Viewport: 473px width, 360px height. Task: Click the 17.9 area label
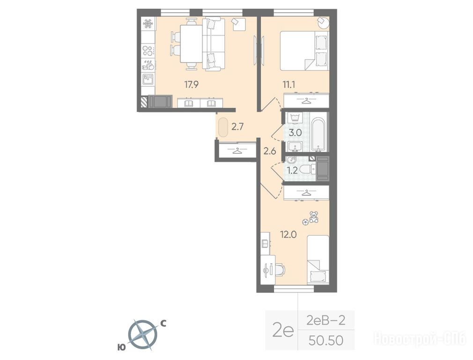pyautogui.click(x=191, y=84)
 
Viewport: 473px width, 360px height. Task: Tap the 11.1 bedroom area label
pyautogui.click(x=288, y=84)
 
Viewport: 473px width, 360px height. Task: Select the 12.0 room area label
pyautogui.click(x=288, y=234)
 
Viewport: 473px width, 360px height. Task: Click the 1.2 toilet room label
pyautogui.click(x=292, y=171)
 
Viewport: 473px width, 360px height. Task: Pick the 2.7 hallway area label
pyautogui.click(x=237, y=127)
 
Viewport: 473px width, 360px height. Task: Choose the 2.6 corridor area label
pyautogui.click(x=270, y=151)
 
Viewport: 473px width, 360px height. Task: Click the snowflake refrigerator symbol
pyautogui.click(x=148, y=23)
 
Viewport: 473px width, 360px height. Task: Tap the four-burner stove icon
pyautogui.click(x=148, y=51)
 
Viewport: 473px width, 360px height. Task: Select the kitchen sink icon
pyautogui.click(x=148, y=79)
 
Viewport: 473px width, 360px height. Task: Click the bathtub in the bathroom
pyautogui.click(x=318, y=135)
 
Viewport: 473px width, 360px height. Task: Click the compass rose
pyautogui.click(x=142, y=335)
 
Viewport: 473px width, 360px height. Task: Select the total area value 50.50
pyautogui.click(x=326, y=340)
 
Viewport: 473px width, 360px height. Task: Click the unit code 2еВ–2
pyautogui.click(x=325, y=320)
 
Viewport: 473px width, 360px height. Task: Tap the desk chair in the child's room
pyautogui.click(x=279, y=269)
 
